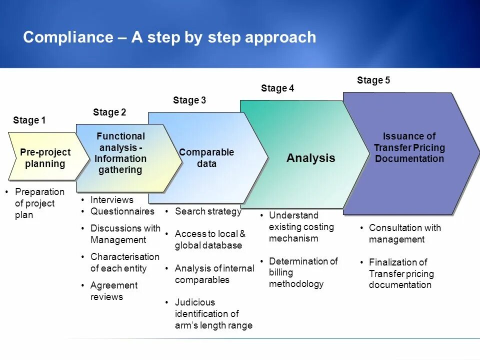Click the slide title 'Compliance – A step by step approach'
[169, 37]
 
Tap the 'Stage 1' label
[29, 120]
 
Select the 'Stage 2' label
[109, 112]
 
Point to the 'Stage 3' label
[189, 100]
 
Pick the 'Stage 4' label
[277, 88]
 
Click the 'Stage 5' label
[373, 80]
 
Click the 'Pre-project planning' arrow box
[45, 158]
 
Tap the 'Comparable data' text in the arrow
[206, 158]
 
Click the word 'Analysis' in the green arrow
[310, 158]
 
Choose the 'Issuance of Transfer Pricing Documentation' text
[409, 147]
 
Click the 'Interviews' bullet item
[111, 200]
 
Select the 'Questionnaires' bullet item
[122, 211]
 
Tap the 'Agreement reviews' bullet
[113, 291]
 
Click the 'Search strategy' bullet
[208, 211]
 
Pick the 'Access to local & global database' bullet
[210, 239]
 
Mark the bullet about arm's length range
[213, 314]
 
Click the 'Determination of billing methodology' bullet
[303, 272]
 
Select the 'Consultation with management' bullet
[404, 233]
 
